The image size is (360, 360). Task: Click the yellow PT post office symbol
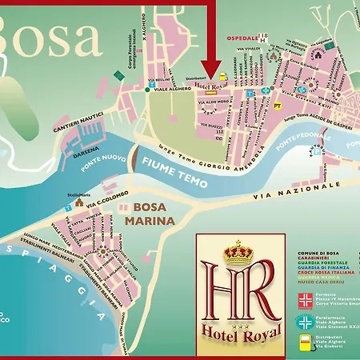click(x=278, y=105)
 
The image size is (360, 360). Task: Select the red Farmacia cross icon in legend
click(x=305, y=301)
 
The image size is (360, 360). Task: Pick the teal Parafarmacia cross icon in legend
click(x=305, y=322)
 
